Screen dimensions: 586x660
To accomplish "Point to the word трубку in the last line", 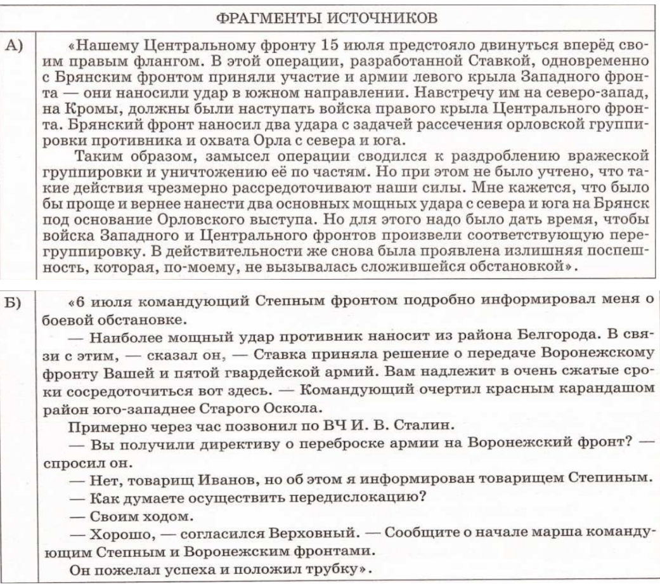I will [x=330, y=568].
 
